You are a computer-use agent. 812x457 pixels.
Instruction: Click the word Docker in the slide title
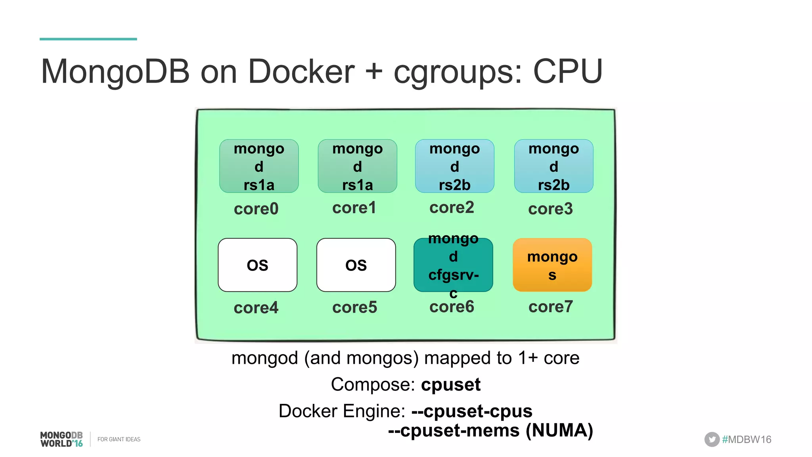click(x=301, y=71)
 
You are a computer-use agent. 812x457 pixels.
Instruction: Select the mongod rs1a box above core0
click(x=259, y=166)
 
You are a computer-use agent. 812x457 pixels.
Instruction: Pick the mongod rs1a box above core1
click(x=357, y=166)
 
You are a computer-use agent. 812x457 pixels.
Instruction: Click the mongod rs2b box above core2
click(x=454, y=166)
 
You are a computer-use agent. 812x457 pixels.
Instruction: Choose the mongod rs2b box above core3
click(x=553, y=166)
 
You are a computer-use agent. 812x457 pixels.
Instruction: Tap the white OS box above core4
click(x=257, y=265)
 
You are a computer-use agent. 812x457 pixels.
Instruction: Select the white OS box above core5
click(x=356, y=265)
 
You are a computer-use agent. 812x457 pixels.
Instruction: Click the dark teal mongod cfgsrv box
click(x=453, y=265)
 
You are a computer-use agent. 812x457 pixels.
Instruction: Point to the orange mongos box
click(x=552, y=265)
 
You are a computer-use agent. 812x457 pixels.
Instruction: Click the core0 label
click(x=256, y=209)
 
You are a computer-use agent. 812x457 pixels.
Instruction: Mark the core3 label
click(x=550, y=209)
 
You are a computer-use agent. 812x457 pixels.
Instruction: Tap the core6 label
click(x=452, y=307)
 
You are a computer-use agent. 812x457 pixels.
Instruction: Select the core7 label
click(x=550, y=307)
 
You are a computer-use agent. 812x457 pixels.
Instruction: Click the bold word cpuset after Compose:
click(x=450, y=384)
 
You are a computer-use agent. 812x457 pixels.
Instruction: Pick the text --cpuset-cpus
click(x=472, y=411)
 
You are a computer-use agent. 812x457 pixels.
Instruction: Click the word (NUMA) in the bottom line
click(x=559, y=430)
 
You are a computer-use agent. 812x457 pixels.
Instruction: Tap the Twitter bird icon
click(x=712, y=439)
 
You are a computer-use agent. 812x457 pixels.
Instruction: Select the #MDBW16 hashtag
click(x=747, y=440)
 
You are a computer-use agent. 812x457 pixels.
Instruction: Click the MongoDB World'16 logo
click(x=61, y=439)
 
